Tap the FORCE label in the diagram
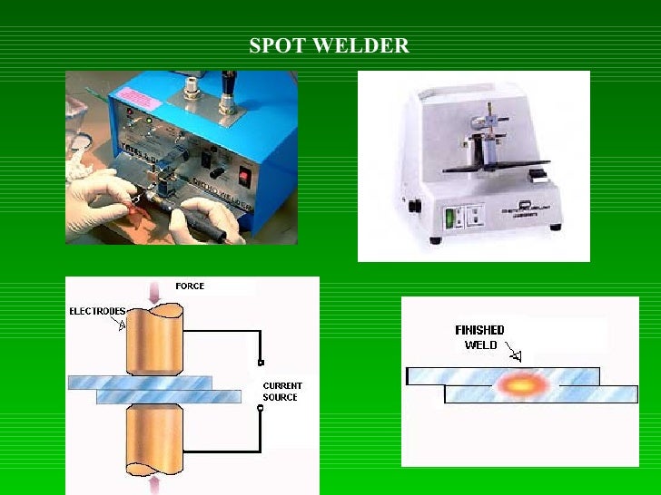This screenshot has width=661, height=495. pyautogui.click(x=190, y=286)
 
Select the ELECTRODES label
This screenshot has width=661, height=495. pyautogui.click(x=97, y=311)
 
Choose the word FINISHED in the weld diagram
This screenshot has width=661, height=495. pyautogui.click(x=479, y=331)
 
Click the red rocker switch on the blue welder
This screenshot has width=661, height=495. pyautogui.click(x=242, y=174)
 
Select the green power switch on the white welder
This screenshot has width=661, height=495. pyautogui.click(x=449, y=218)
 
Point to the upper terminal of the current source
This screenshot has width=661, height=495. pyautogui.click(x=261, y=364)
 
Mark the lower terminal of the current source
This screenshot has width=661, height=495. pyautogui.click(x=261, y=409)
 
